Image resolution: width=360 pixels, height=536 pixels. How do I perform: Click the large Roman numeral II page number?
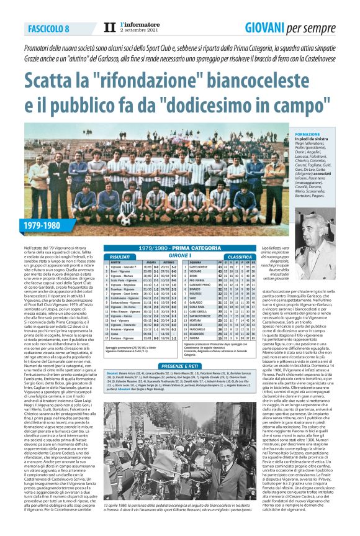click(x=110, y=28)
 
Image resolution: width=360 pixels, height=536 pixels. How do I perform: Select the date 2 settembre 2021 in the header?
click(x=137, y=32)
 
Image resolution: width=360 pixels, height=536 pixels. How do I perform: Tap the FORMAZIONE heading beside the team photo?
click(x=308, y=134)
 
